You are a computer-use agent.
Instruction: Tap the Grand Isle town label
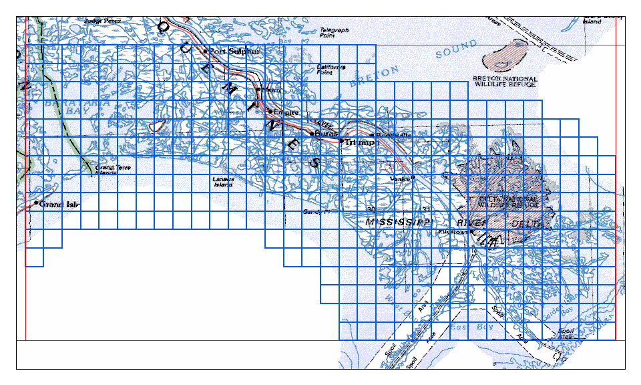[x=59, y=204]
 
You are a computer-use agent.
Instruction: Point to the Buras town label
[x=327, y=134]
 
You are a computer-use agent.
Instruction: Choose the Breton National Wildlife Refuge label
[x=505, y=82]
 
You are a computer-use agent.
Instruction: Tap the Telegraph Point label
[x=335, y=32]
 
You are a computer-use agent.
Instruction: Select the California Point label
[x=331, y=70]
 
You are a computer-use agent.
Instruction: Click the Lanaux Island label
[x=222, y=182]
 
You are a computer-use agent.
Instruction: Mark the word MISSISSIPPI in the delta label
[x=399, y=221]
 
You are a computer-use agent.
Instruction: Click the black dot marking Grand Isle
[x=36, y=203]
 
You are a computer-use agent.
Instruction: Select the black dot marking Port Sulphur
[x=206, y=51]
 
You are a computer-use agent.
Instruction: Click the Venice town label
[x=400, y=179]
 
